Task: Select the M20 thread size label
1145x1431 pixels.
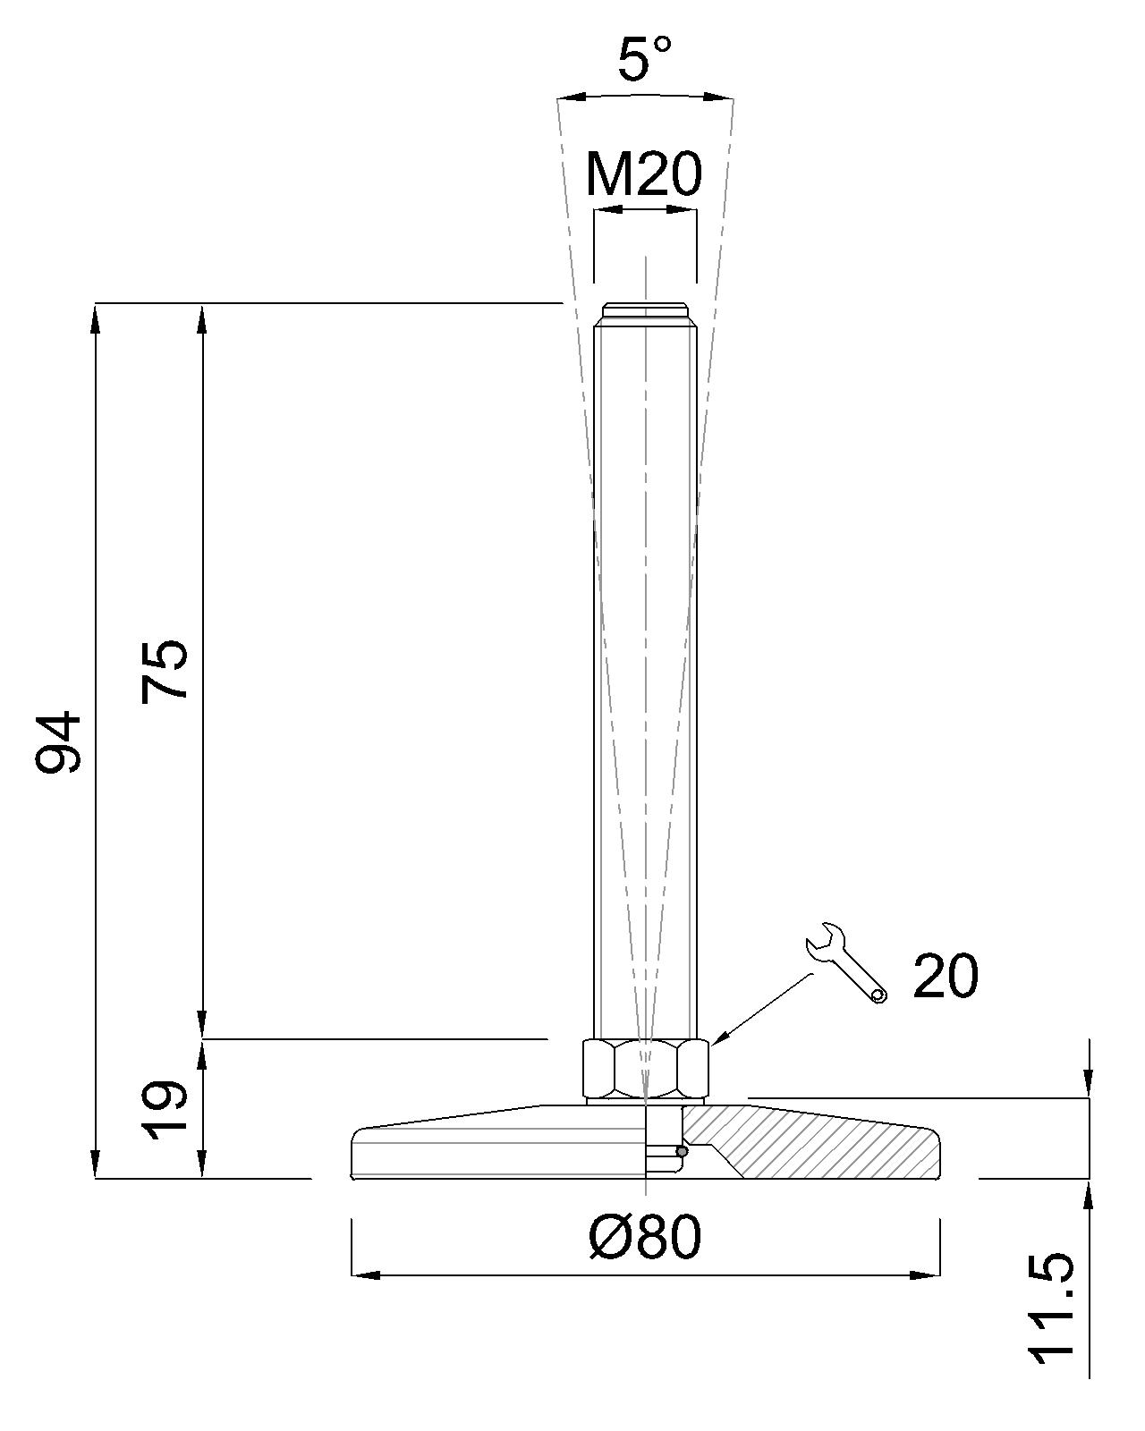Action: (x=643, y=175)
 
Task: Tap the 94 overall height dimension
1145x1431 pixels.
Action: (x=58, y=741)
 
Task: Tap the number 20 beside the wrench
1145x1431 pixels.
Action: (x=946, y=976)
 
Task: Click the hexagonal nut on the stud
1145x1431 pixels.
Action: (x=645, y=1070)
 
